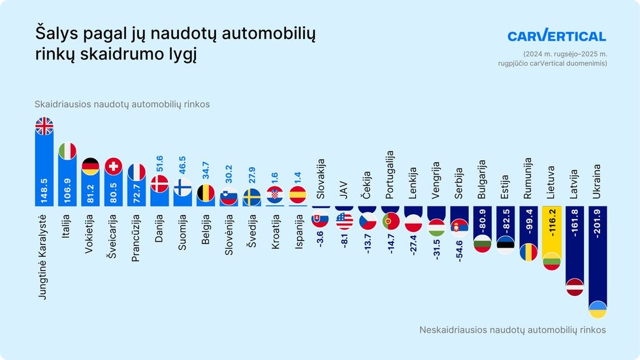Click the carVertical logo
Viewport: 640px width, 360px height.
[556, 37]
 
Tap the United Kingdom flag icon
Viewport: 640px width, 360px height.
[44, 126]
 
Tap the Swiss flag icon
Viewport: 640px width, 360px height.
[114, 166]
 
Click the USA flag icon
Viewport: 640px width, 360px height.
[344, 221]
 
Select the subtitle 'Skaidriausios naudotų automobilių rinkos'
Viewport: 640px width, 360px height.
[122, 105]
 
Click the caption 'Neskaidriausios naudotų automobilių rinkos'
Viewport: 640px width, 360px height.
[512, 330]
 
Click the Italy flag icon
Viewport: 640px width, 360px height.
[67, 150]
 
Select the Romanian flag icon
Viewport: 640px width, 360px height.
[528, 252]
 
